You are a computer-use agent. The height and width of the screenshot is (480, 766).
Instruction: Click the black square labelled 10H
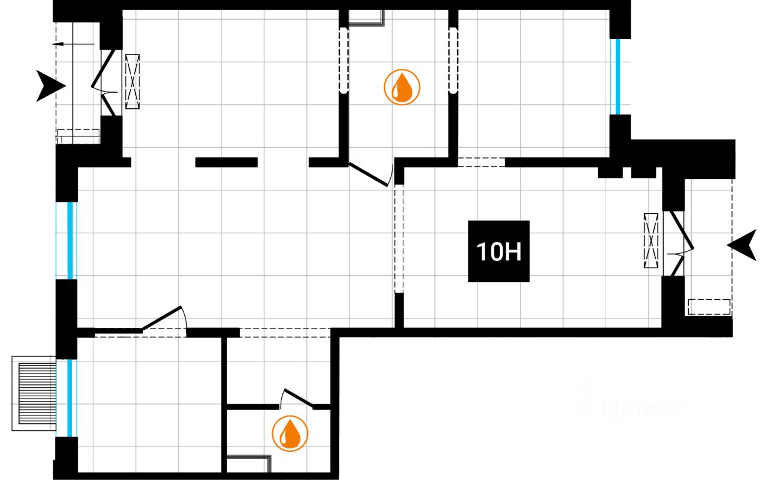(x=498, y=251)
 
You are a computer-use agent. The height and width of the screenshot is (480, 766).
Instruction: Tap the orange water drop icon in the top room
(x=402, y=87)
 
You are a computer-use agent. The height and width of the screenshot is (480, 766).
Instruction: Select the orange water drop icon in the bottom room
(x=290, y=433)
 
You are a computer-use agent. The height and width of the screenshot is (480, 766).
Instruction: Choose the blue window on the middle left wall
(x=71, y=240)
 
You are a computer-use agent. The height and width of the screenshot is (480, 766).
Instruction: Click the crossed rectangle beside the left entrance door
(x=132, y=81)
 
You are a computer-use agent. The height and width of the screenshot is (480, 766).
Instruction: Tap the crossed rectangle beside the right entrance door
(x=651, y=241)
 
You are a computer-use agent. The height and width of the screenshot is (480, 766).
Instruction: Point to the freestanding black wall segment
(x=226, y=162)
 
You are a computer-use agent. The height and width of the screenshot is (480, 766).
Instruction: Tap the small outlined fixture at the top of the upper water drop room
(x=366, y=19)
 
